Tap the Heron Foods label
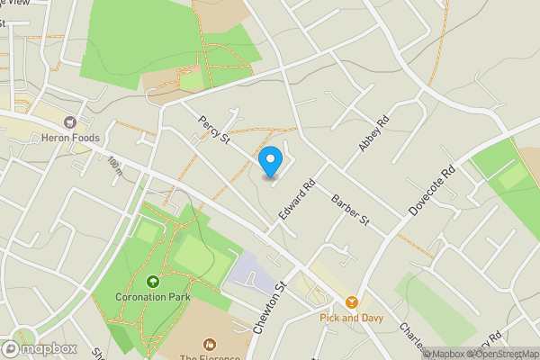pyautogui.click(x=69, y=138)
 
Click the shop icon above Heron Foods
pyautogui.click(x=69, y=121)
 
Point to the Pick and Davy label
pyautogui.click(x=351, y=318)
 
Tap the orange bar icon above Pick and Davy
pyautogui.click(x=351, y=302)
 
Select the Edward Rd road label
pyautogui.click(x=297, y=199)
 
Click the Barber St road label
pyautogui.click(x=350, y=209)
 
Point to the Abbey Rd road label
pyautogui.click(x=373, y=133)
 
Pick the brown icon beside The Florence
pyautogui.click(x=210, y=343)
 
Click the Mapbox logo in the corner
pyautogui.click(x=38, y=348)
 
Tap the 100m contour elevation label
pyautogui.click(x=114, y=165)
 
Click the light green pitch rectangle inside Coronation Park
pyautogui.click(x=202, y=256)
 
